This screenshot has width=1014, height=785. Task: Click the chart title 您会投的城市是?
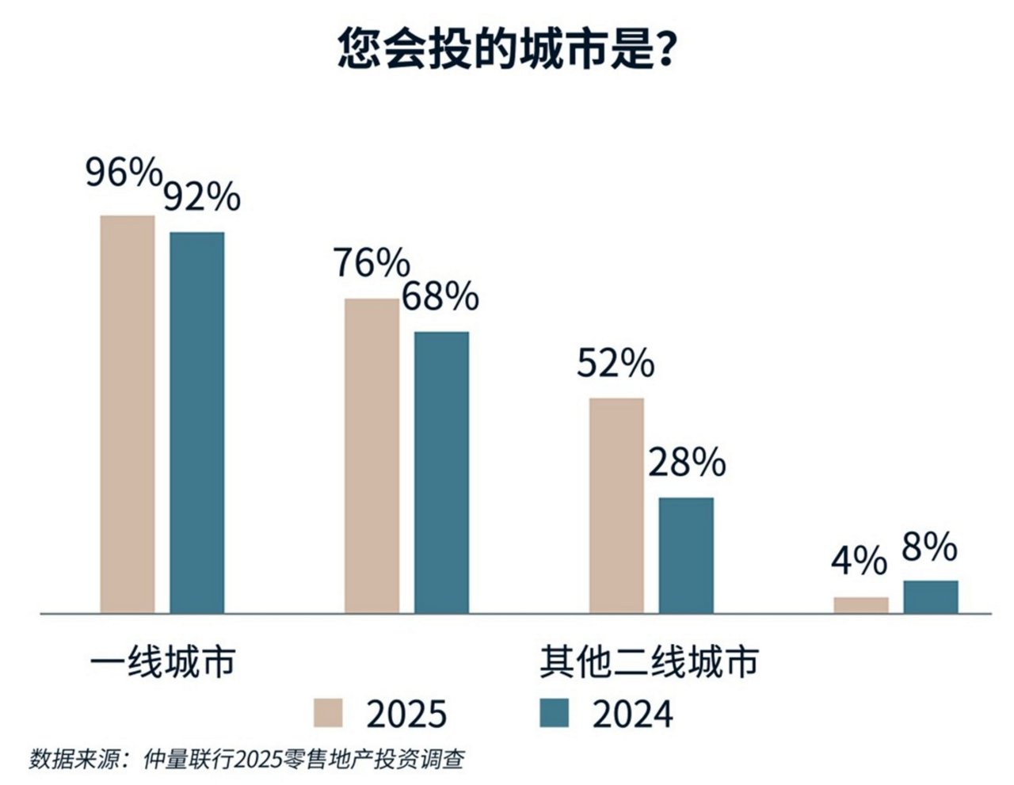507,49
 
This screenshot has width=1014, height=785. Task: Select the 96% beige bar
128,413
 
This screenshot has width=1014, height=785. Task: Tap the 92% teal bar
197,422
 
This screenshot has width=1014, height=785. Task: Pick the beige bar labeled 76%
372,455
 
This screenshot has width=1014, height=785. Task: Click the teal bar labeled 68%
441,472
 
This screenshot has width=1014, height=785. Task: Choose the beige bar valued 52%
616,505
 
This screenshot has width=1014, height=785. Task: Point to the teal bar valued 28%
686,554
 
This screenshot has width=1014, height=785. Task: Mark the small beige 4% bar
861,605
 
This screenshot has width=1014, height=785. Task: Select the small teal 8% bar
931,596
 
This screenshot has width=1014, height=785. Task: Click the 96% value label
124,172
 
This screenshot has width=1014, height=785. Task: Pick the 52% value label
616,364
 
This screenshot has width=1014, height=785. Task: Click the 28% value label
686,463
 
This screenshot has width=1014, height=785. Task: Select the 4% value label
859,562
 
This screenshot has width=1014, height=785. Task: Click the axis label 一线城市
163,662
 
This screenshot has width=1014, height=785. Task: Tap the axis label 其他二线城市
649,662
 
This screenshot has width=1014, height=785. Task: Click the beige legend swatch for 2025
329,713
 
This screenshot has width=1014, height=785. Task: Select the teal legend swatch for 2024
554,713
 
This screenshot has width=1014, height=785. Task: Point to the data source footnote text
246,759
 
